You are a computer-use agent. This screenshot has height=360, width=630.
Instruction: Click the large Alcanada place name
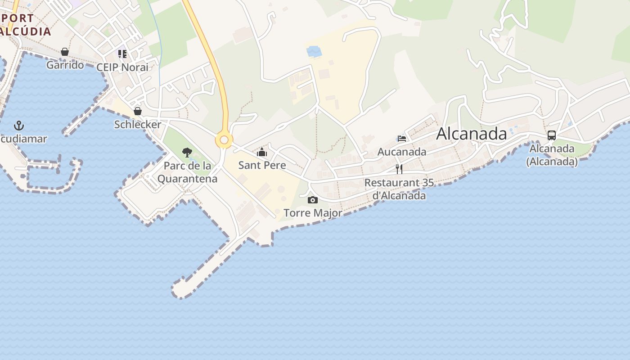[x=471, y=134]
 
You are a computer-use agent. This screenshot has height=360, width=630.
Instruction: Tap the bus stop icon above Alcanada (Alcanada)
[x=552, y=135]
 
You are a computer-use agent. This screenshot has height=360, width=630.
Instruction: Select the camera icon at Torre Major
[x=313, y=200]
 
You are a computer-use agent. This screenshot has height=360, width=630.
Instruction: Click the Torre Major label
[x=313, y=213]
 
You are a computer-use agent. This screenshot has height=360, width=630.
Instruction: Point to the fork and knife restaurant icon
[x=399, y=169]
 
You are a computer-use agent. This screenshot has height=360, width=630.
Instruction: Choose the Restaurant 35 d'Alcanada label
[x=399, y=189]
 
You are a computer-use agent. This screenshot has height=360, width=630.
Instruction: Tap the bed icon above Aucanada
[x=402, y=138]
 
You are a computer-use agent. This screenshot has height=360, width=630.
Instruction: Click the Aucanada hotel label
[x=402, y=152]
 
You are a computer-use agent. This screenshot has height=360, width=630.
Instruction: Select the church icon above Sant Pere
[x=262, y=153]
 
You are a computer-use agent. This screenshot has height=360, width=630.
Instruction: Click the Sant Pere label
[x=262, y=165]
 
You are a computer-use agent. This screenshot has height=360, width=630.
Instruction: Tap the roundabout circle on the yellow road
[x=224, y=140]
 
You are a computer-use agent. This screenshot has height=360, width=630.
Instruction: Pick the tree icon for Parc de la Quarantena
[x=187, y=153]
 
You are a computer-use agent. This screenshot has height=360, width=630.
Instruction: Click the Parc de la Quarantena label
[x=187, y=172]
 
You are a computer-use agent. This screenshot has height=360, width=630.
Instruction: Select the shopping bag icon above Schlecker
[x=138, y=111]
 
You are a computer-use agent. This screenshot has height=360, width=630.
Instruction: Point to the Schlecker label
[x=138, y=124]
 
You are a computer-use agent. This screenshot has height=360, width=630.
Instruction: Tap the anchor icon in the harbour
[x=19, y=126]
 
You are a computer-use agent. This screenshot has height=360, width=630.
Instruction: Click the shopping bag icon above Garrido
[x=65, y=52]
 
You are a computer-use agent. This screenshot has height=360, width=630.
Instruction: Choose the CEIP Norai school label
[x=122, y=67]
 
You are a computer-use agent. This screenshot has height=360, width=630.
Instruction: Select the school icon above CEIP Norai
[x=122, y=54]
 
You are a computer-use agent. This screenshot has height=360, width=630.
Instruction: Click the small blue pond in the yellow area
[x=314, y=51]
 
